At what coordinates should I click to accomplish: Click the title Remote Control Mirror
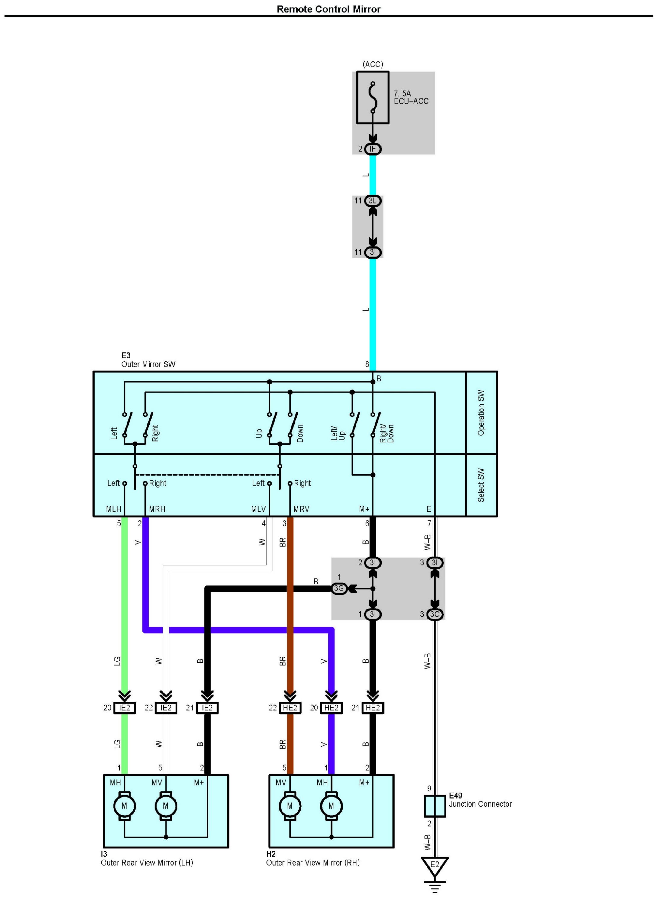pos(329,9)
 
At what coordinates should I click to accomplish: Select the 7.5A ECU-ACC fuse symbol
pos(373,98)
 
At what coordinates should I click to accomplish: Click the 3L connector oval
pos(373,201)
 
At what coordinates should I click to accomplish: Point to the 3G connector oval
pos(339,588)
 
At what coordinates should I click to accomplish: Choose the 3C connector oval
pos(435,614)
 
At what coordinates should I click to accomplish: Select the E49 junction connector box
pos(435,806)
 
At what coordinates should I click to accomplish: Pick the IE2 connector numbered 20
pos(124,708)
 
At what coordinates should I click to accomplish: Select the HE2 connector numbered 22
pos(290,708)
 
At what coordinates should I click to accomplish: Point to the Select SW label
pos(481,485)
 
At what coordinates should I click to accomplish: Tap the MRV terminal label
pos(301,509)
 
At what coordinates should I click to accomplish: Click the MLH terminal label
pos(113,509)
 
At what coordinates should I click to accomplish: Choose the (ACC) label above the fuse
pos(373,64)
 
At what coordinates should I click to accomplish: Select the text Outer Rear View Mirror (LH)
pos(147,863)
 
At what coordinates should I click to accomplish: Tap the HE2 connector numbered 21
pos(373,708)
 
